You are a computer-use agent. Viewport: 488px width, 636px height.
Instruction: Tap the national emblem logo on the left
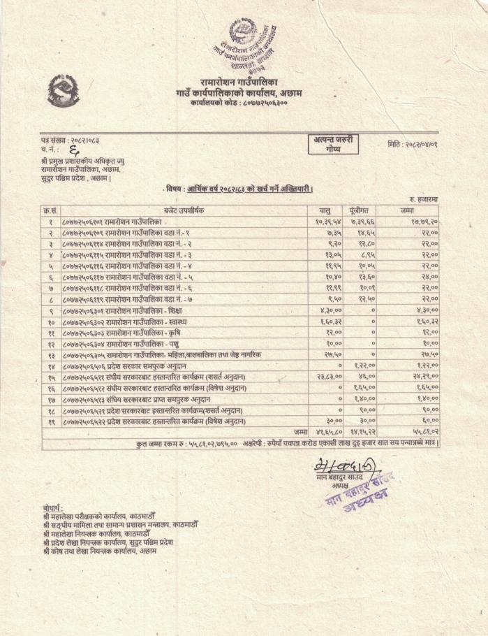tap(64, 90)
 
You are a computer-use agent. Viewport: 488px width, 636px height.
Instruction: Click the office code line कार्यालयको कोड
tap(238, 103)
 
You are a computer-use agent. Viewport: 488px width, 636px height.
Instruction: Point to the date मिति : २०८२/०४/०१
tap(417, 144)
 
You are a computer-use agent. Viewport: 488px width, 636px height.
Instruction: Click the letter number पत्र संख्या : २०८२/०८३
tap(71, 143)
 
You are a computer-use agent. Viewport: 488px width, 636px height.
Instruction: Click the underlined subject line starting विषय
tap(239, 189)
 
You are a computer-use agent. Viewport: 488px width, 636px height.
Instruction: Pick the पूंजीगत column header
tap(360, 210)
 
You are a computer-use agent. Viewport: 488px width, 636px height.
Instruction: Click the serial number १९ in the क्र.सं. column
tap(51, 421)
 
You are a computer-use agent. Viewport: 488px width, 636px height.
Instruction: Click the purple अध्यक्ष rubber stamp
tap(357, 490)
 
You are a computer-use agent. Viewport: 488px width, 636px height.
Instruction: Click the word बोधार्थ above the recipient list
tap(53, 508)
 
